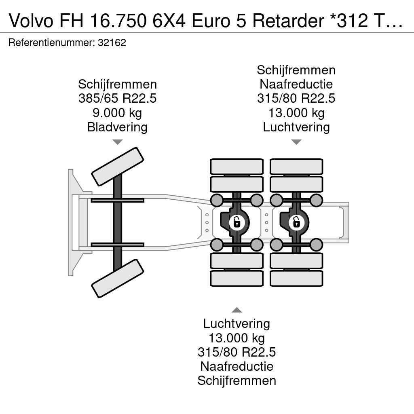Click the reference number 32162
[x=112, y=42]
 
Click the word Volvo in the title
[x=31, y=21]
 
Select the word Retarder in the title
[x=288, y=21]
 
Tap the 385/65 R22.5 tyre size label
[x=118, y=99]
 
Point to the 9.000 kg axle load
[x=118, y=113]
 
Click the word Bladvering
[x=118, y=127]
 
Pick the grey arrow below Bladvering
[x=118, y=142]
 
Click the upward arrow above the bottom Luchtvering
[x=237, y=310]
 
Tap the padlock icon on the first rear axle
[x=237, y=222]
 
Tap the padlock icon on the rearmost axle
[x=296, y=222]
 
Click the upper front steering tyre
[x=118, y=167]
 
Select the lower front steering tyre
[x=118, y=278]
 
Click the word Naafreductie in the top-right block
[x=296, y=84]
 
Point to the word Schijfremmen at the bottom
[x=237, y=381]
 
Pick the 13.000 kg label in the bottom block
[x=237, y=338]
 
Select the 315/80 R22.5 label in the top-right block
[x=296, y=99]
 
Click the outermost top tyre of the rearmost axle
[x=296, y=167]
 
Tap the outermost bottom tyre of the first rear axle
[x=237, y=278]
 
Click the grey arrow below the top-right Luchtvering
[x=296, y=142]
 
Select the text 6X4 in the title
[x=170, y=21]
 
